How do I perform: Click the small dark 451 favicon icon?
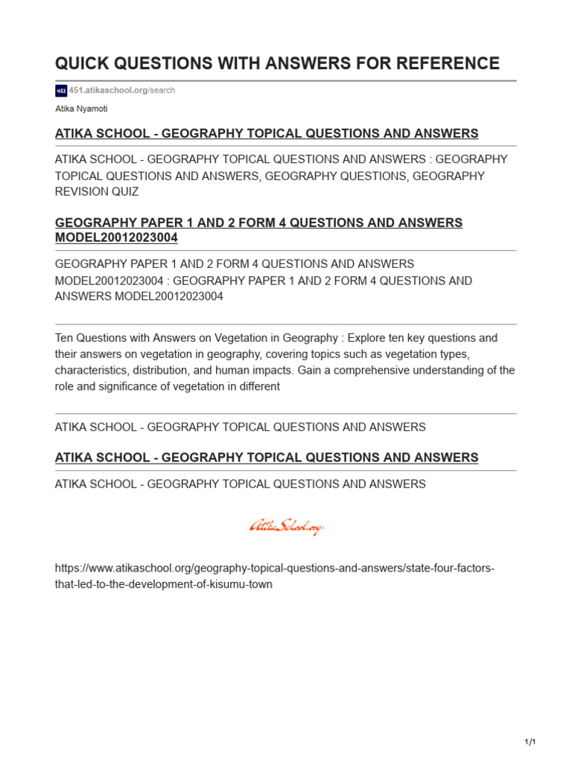pyautogui.click(x=61, y=91)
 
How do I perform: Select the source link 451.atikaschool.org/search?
pyautogui.click(x=122, y=91)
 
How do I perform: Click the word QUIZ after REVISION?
pyautogui.click(x=124, y=192)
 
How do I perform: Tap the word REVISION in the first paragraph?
pyautogui.click(x=81, y=192)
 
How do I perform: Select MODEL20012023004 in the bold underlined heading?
pyautogui.click(x=116, y=238)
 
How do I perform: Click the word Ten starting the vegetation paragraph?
pyautogui.click(x=65, y=338)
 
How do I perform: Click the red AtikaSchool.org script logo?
pyautogui.click(x=287, y=528)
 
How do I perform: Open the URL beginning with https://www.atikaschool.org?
pyautogui.click(x=275, y=569)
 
